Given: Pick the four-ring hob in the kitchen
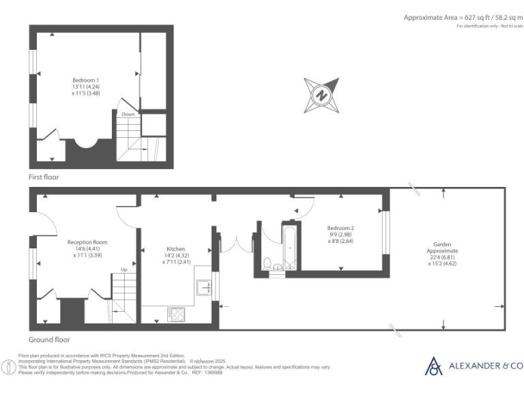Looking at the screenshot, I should click(x=175, y=314).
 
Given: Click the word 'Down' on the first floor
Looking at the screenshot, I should click(x=128, y=115).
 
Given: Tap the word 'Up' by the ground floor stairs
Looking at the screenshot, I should click(x=123, y=270).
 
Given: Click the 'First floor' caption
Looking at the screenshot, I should click(x=44, y=177).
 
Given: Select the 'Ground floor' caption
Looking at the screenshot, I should click(x=49, y=339).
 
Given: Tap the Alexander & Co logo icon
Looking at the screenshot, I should click(x=433, y=366).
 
